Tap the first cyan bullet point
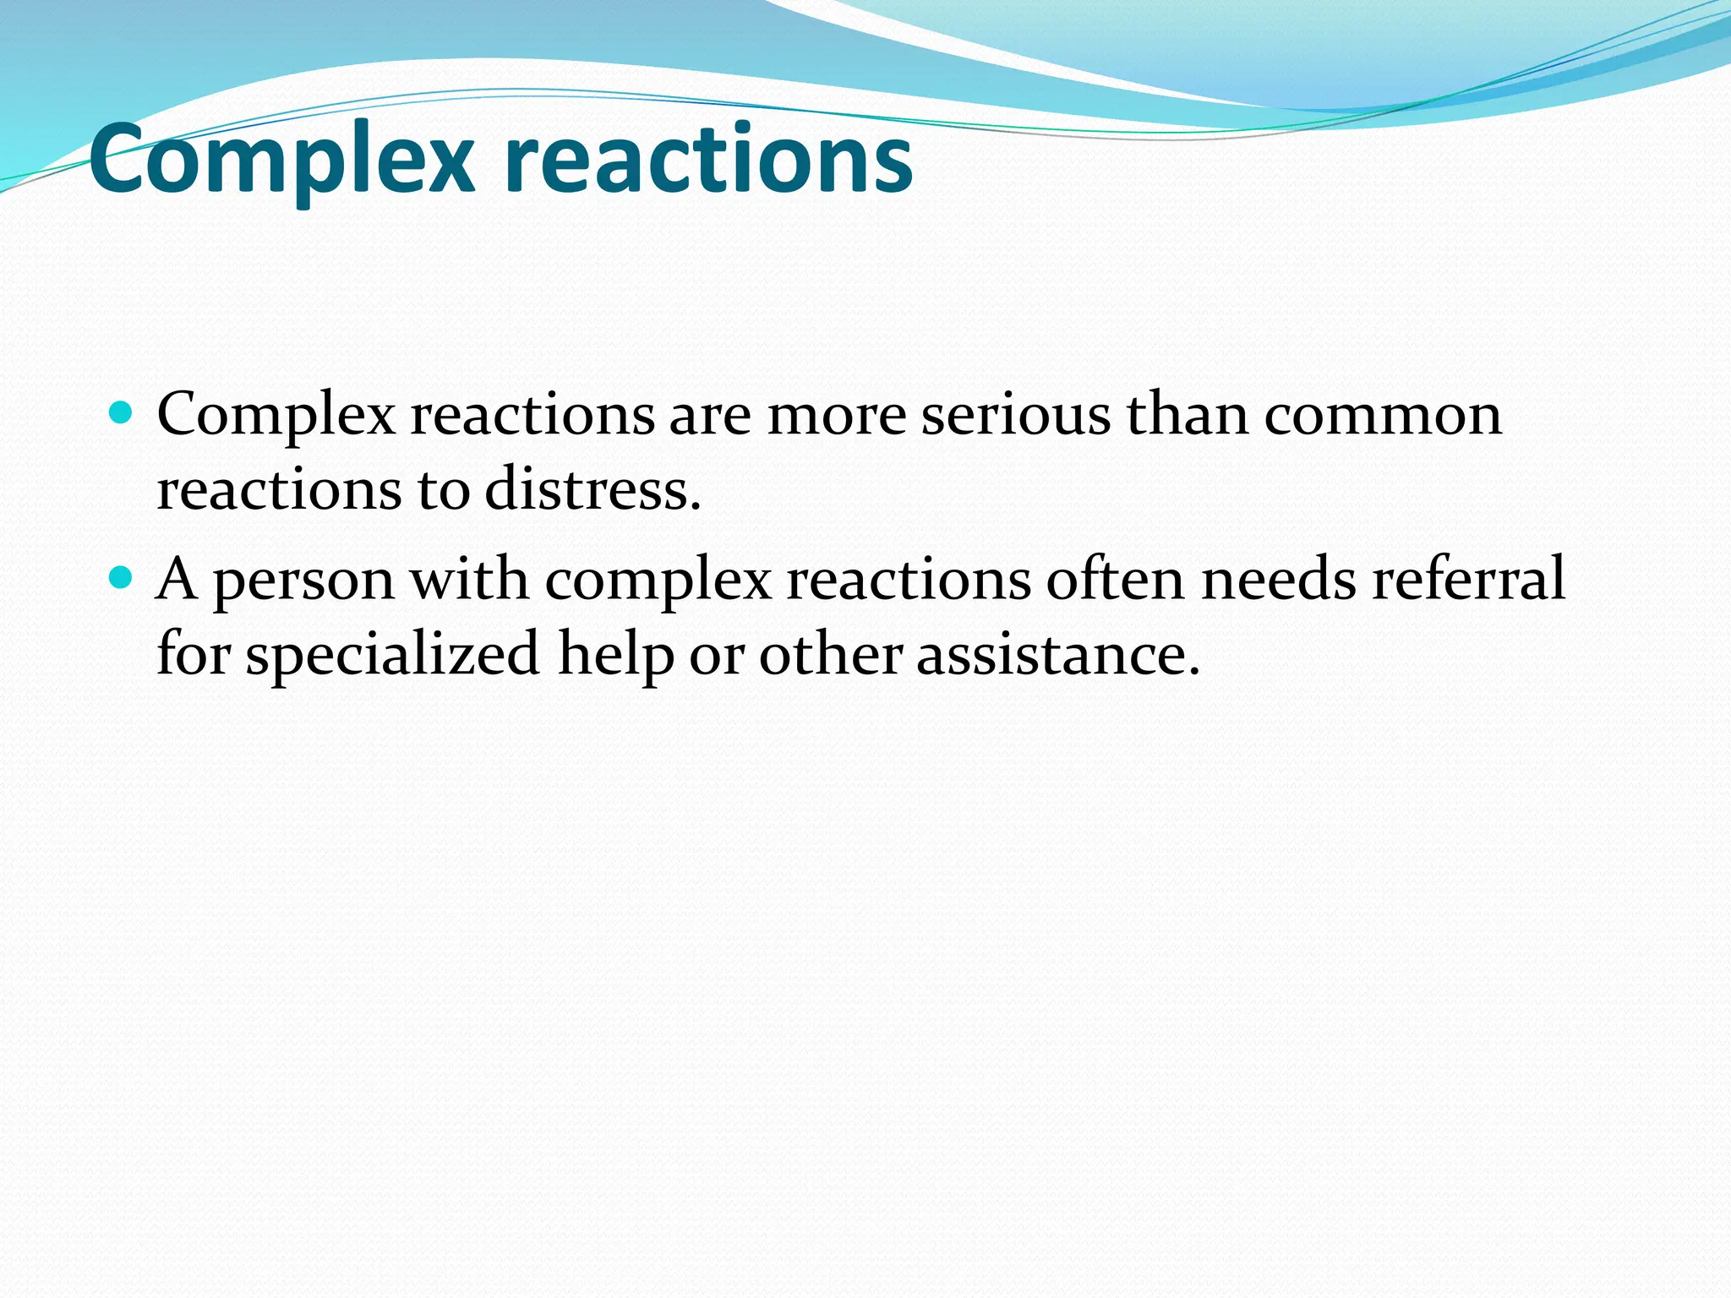pyautogui.click(x=123, y=413)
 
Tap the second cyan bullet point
pyautogui.click(x=123, y=578)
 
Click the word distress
pyautogui.click(x=592, y=489)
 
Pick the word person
pyautogui.click(x=303, y=581)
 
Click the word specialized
pyautogui.click(x=392, y=655)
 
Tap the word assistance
pyautogui.click(x=1058, y=655)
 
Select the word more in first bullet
pyautogui.click(x=836, y=416)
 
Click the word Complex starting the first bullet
pyautogui.click(x=276, y=416)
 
